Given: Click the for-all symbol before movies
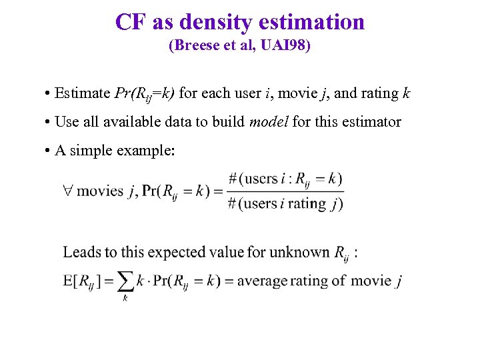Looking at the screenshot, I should (x=68, y=191).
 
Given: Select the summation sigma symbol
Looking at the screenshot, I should (x=125, y=281).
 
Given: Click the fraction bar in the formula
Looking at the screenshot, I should (x=285, y=191).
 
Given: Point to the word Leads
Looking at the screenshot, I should (x=81, y=252).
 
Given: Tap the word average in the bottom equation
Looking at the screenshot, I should (x=262, y=281).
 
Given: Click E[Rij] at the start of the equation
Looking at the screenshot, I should (x=79, y=281).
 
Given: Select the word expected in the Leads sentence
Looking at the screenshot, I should (x=175, y=252).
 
